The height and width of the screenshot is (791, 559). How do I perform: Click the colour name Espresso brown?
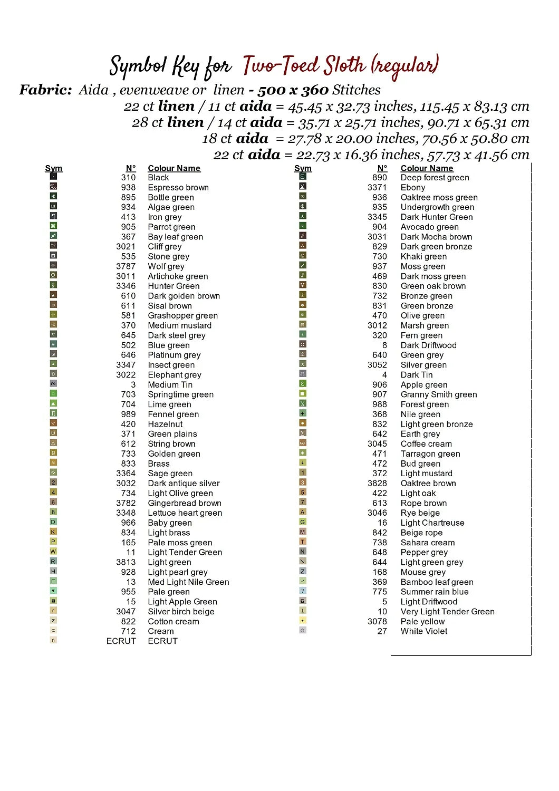178,188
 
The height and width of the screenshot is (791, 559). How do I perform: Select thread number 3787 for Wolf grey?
126,266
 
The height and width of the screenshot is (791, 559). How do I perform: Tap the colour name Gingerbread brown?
185,503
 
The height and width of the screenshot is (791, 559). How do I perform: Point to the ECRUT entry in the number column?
121,641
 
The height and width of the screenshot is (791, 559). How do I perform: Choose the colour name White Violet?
424,631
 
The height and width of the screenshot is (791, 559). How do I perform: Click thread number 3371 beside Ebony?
378,188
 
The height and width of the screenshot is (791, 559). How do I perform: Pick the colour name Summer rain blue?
435,592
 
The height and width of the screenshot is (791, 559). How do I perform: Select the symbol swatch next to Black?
53,177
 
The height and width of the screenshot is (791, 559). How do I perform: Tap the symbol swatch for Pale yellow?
303,621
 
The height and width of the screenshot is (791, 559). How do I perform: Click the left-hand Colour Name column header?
174,168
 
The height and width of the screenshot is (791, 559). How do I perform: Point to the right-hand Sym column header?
303,168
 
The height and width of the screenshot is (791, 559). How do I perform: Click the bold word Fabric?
45,90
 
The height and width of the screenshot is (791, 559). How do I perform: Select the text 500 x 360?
293,90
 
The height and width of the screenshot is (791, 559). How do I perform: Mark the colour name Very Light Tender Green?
448,612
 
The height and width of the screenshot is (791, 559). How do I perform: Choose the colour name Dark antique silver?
184,484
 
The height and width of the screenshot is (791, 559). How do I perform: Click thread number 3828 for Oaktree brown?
378,484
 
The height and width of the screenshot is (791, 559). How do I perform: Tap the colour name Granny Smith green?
439,394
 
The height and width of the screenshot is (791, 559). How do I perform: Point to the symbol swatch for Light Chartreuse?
303,522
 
